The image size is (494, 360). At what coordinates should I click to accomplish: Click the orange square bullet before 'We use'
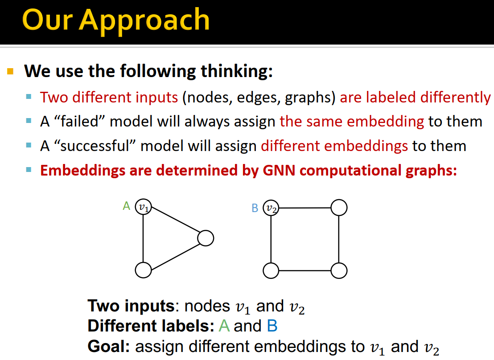click(11, 71)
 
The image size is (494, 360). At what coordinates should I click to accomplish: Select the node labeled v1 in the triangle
click(143, 207)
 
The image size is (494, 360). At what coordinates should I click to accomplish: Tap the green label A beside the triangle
click(126, 206)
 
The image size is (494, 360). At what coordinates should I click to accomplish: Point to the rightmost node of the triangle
click(206, 238)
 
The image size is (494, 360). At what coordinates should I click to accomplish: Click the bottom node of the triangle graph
click(143, 270)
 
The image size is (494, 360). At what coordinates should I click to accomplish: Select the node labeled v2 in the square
click(271, 208)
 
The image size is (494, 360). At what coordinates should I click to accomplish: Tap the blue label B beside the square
click(255, 208)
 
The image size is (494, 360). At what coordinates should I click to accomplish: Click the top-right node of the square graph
click(339, 207)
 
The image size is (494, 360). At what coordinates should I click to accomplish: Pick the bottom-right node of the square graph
click(339, 270)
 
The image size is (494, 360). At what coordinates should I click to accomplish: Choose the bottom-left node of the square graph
click(271, 270)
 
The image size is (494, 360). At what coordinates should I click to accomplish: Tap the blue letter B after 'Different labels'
click(272, 326)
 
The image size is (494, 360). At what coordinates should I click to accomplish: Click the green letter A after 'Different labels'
click(224, 326)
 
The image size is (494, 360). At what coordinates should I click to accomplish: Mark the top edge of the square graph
click(305, 208)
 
